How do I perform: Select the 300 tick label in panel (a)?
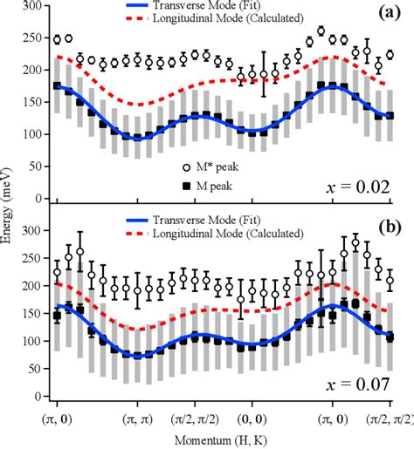(32, 7)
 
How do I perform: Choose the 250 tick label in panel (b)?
(32, 258)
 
